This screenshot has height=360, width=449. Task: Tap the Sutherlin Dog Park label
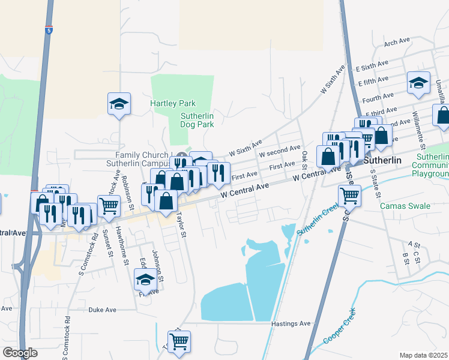pyautogui.click(x=197, y=120)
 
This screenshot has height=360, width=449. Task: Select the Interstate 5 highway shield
pyautogui.click(x=48, y=29)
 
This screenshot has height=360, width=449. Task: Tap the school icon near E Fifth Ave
pyautogui.click(x=418, y=83)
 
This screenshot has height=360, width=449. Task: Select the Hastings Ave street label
pyautogui.click(x=291, y=323)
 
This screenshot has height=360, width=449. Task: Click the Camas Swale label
pyautogui.click(x=405, y=206)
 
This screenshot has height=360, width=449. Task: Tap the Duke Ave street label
pyautogui.click(x=102, y=310)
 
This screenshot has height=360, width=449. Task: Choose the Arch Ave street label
pyautogui.click(x=396, y=42)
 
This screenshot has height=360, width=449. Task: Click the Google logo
pyautogui.click(x=20, y=353)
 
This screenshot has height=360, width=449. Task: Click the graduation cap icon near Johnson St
pyautogui.click(x=145, y=279)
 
